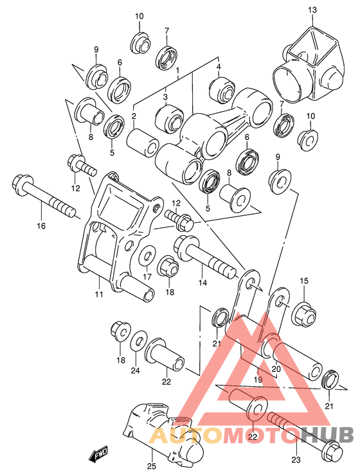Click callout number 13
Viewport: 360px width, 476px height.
coord(312,10)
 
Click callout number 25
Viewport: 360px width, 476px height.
coord(152,467)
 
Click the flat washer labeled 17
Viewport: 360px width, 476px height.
coord(146,258)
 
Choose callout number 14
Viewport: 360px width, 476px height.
coord(203,283)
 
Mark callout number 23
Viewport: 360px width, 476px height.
coord(296,459)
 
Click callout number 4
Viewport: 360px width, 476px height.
coord(219,67)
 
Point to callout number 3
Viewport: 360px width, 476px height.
coord(165,98)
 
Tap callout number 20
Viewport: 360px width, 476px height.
coord(277,369)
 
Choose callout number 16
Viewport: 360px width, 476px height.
coord(40,225)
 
